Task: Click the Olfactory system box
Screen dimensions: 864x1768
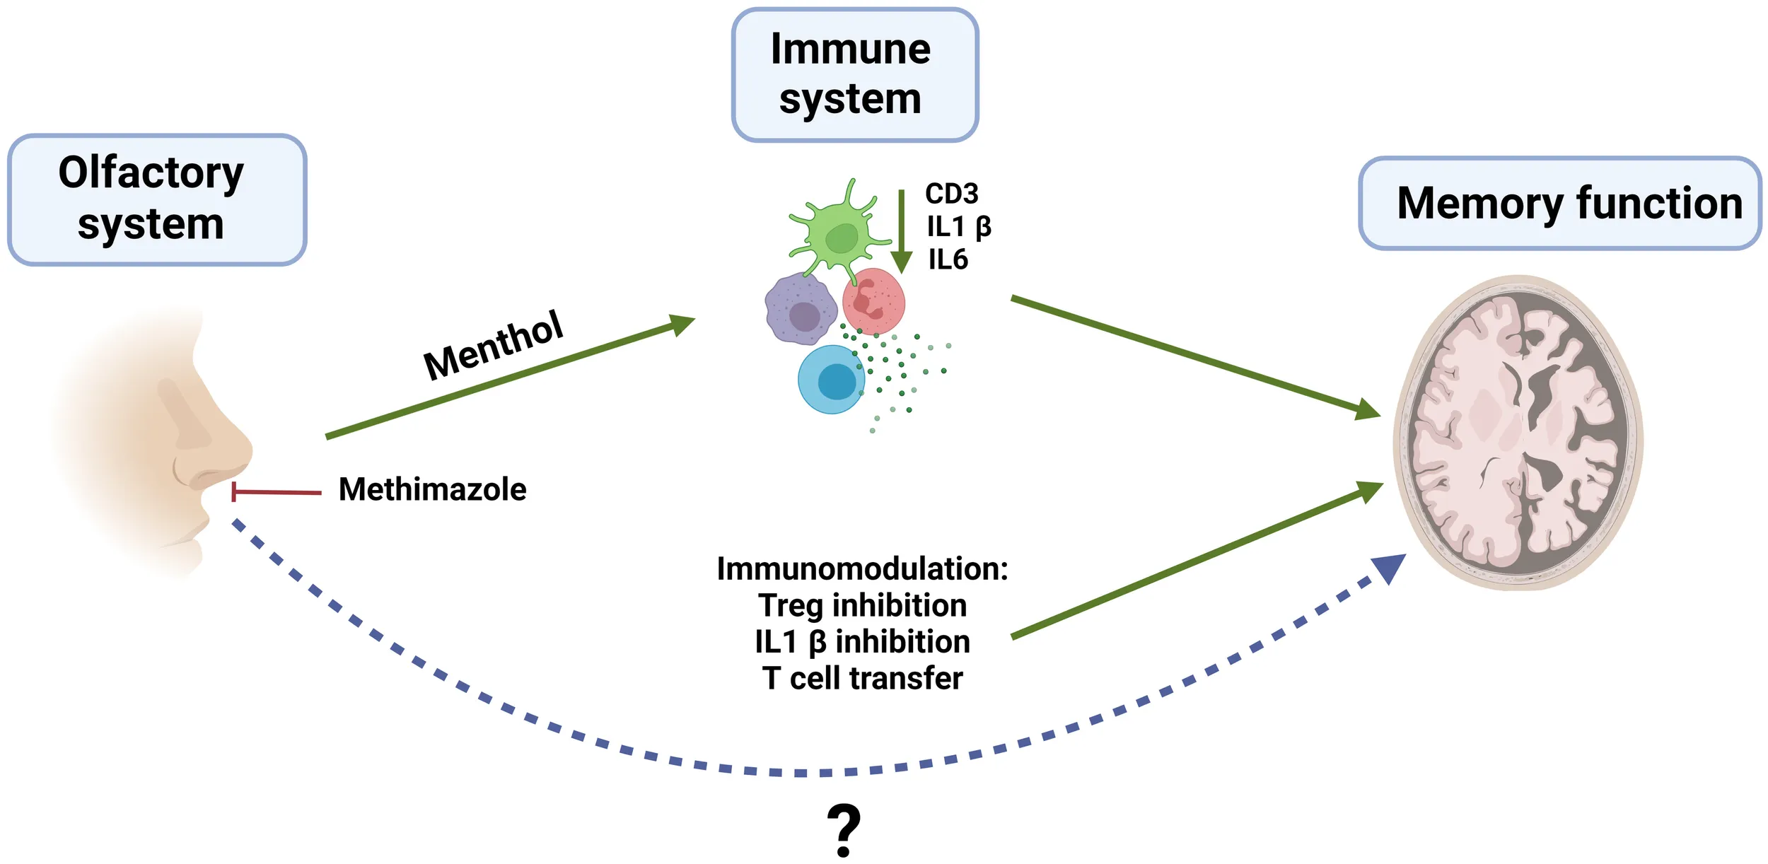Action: [x=156, y=199]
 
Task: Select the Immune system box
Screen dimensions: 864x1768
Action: [x=855, y=74]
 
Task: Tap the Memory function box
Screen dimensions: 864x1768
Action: [x=1560, y=204]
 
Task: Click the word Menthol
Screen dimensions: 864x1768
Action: [x=493, y=345]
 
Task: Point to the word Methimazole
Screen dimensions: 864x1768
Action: [x=432, y=489]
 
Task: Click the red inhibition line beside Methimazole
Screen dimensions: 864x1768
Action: [x=276, y=491]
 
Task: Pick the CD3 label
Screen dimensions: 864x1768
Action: [x=951, y=193]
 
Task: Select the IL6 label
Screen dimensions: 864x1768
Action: [x=948, y=259]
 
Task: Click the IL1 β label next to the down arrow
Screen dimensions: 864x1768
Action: [x=959, y=227]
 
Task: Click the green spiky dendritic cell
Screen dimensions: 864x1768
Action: [x=840, y=233]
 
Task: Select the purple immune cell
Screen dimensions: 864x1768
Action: [x=801, y=310]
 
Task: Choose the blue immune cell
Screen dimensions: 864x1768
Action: [x=832, y=380]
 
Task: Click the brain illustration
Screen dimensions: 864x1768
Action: [x=1519, y=433]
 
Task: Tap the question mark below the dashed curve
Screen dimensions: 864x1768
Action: [x=844, y=830]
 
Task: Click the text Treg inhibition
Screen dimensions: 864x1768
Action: [x=862, y=605]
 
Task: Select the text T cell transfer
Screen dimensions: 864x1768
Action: [x=862, y=678]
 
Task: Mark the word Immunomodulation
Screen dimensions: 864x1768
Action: [x=862, y=568]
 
